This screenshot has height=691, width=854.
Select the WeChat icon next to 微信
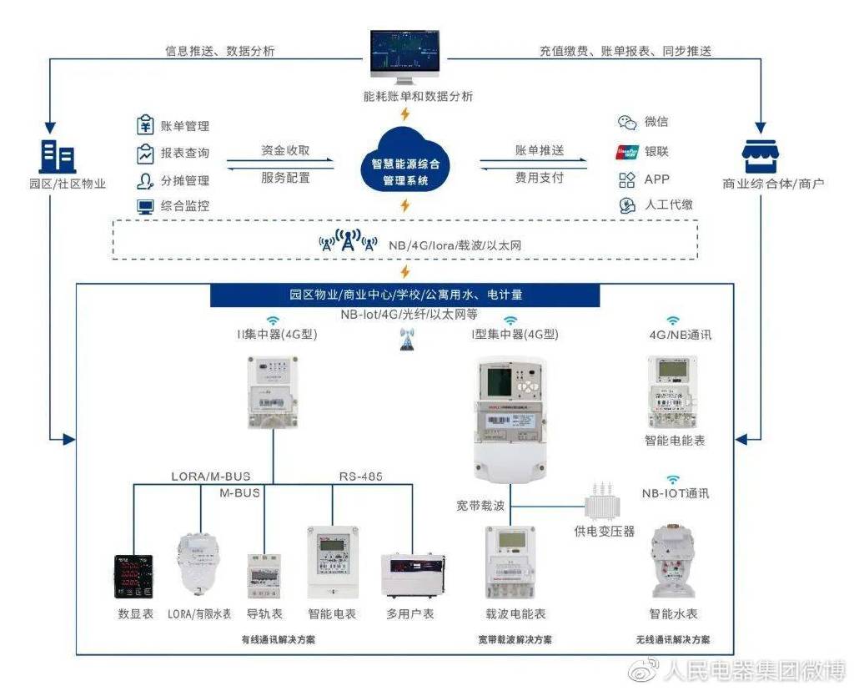(x=626, y=122)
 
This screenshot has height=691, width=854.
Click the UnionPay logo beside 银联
(x=626, y=152)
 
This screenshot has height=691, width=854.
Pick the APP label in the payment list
(x=656, y=179)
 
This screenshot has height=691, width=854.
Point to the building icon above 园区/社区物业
(x=57, y=156)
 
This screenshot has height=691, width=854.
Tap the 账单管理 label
(x=184, y=127)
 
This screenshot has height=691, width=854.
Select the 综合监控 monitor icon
(x=145, y=205)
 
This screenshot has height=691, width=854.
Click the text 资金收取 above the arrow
(x=285, y=151)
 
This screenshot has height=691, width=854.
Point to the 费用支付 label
(x=539, y=178)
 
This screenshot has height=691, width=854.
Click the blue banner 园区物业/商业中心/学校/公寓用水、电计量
(x=405, y=295)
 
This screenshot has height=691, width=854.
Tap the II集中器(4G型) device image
(x=271, y=392)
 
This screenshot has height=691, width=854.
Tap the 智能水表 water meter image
(x=673, y=560)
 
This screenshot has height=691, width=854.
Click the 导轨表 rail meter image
(x=264, y=575)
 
